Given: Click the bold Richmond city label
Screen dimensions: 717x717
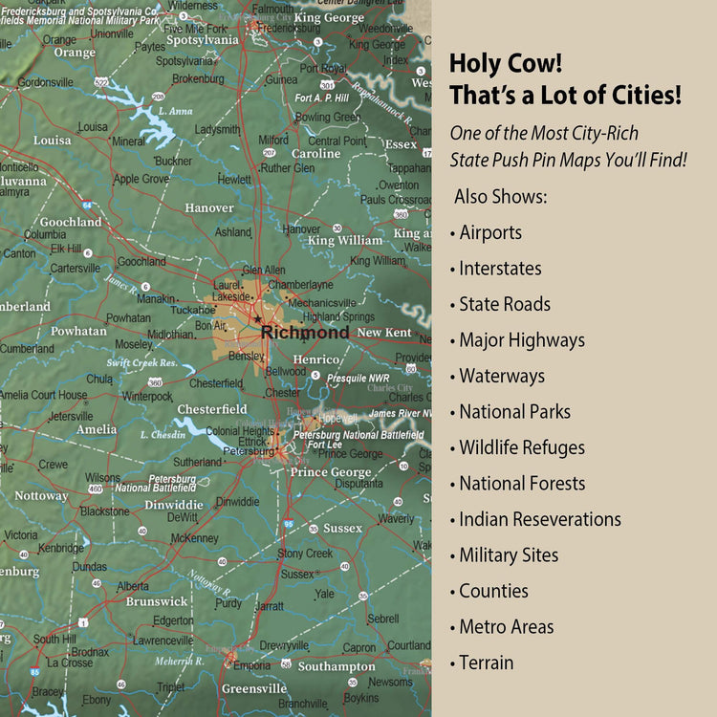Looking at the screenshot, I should coord(305,333).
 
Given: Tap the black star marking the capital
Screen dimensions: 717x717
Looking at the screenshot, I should coord(256,319).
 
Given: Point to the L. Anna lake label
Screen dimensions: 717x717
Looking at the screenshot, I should coord(175,111).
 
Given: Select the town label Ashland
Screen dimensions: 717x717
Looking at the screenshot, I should coord(233,232).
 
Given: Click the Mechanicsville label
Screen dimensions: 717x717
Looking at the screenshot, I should coord(321,303).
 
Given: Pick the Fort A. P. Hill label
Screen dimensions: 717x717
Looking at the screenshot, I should coord(321,98).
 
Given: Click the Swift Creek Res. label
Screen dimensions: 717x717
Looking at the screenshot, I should coord(142,363).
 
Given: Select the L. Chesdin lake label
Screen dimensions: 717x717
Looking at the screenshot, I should coord(163,435).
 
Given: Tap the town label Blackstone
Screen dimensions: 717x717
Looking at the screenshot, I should coord(104,511).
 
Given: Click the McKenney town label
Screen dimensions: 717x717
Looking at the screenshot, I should coord(194,538).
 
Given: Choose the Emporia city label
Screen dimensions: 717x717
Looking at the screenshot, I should coord(251,665).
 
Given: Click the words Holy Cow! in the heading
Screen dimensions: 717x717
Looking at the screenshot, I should coord(506,65).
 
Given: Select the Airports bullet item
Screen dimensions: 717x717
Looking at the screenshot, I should coord(489,233).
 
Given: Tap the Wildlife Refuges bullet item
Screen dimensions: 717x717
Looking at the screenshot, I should coord(521,447).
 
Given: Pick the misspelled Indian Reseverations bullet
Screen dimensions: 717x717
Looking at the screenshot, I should coord(539,519).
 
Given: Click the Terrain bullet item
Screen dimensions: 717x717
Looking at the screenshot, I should coord(486,663).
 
